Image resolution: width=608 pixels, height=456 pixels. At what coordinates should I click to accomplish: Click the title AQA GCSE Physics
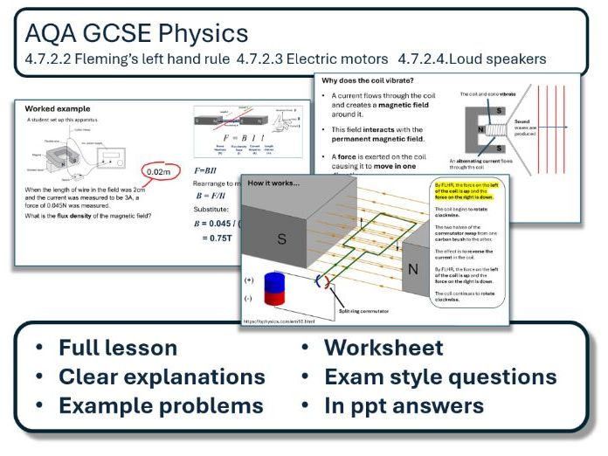pos(136,34)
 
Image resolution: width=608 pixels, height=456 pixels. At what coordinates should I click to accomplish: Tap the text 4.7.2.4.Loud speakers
pos(472,59)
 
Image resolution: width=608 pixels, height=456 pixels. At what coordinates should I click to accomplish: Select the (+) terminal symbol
pos(252,282)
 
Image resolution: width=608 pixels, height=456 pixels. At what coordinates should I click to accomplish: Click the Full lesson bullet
pos(117,348)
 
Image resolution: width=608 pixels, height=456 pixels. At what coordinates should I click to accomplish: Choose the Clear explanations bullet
pos(162,377)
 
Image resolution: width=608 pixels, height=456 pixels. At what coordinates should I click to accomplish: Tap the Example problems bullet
pos(161,405)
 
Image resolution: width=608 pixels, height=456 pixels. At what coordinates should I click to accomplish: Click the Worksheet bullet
pos(383,348)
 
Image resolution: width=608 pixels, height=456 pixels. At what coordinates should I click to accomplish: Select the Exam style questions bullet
pos(440,377)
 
